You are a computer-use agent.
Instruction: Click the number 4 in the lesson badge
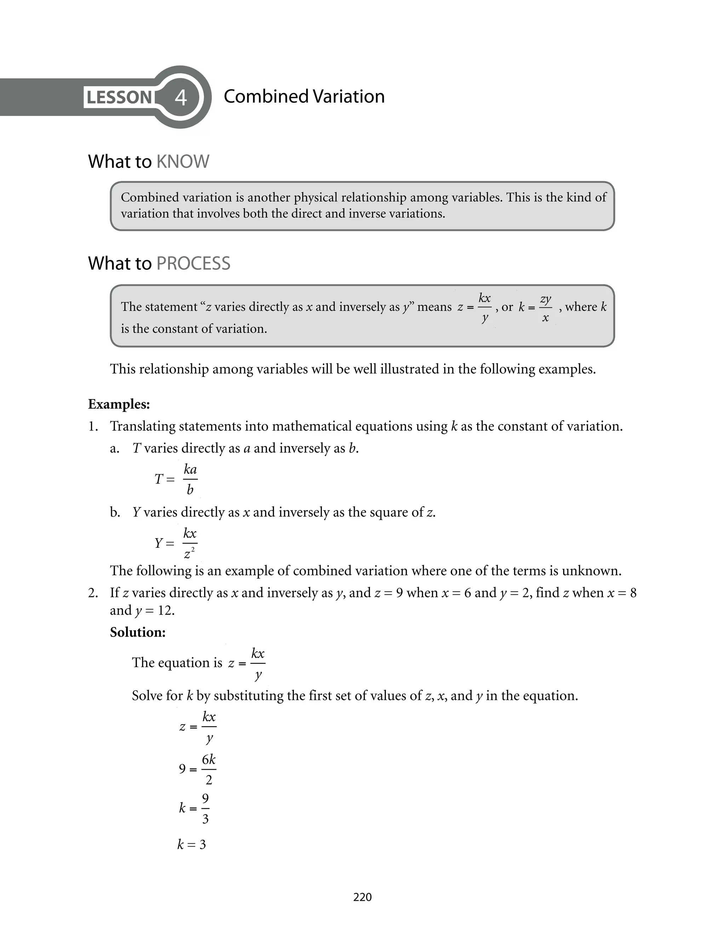181,97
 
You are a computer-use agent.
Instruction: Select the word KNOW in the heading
183,162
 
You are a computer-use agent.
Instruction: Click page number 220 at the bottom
362,897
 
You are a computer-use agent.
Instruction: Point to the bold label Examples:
119,404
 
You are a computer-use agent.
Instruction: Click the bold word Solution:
138,632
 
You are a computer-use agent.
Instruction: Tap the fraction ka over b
190,479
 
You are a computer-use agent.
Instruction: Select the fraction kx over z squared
190,543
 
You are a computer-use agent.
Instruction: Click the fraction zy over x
546,308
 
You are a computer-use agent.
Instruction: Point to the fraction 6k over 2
209,769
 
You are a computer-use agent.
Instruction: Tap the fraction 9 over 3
205,808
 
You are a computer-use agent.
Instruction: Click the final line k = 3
192,844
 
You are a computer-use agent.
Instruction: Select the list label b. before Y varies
115,513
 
